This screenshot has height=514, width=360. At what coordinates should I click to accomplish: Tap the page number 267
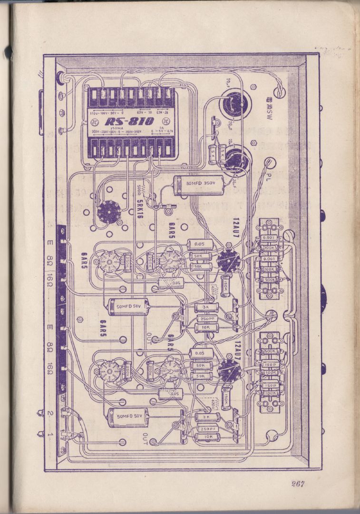coord(298,484)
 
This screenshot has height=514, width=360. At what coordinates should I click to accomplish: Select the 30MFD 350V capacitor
coord(195,184)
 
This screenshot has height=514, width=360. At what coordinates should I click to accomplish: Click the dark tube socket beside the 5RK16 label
coord(109,211)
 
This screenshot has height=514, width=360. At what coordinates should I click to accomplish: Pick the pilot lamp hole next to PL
coord(270,163)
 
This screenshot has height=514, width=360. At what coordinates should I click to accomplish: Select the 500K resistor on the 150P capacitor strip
coord(270,351)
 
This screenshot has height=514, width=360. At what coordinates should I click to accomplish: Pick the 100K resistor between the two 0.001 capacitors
coord(270,248)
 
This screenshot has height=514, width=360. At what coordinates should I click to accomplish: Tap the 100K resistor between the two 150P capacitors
coord(270,373)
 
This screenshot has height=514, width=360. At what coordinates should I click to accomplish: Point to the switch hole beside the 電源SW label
coord(280,92)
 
